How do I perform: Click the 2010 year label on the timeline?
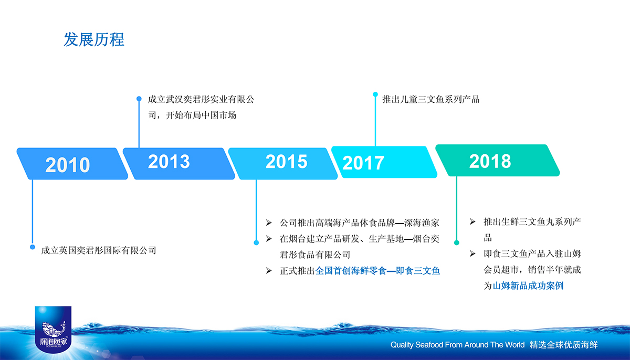click(x=68, y=165)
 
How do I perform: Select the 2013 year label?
click(x=169, y=162)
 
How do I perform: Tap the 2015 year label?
click(x=286, y=162)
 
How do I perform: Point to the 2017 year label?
click(x=363, y=163)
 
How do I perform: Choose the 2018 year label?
click(x=490, y=161)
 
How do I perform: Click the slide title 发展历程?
click(x=94, y=39)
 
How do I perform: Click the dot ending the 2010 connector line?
click(x=33, y=247)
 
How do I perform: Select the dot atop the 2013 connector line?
click(x=139, y=99)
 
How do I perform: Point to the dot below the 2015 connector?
click(x=256, y=243)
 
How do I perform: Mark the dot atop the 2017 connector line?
click(x=375, y=94)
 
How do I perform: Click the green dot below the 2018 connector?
click(x=456, y=243)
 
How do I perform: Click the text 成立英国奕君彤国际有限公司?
click(x=99, y=250)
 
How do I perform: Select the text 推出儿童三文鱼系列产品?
click(x=430, y=99)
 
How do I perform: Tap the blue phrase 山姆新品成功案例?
click(x=528, y=286)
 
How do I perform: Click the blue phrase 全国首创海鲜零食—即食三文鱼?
click(x=377, y=271)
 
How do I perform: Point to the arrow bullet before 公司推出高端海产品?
click(x=269, y=223)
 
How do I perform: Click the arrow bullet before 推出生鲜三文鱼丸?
click(x=472, y=222)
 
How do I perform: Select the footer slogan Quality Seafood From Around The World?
click(x=457, y=345)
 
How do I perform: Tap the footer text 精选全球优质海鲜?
click(x=563, y=345)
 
